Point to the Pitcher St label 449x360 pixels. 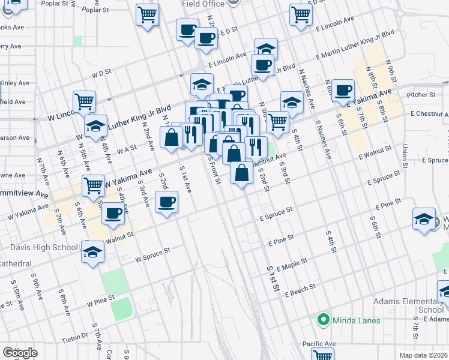coord(420,95)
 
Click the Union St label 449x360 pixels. coord(405,156)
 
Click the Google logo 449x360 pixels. coord(20,352)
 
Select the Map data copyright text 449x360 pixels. coord(423,355)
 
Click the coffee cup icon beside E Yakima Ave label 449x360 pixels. coord(343,91)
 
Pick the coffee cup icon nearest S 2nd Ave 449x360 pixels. coord(167,202)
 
